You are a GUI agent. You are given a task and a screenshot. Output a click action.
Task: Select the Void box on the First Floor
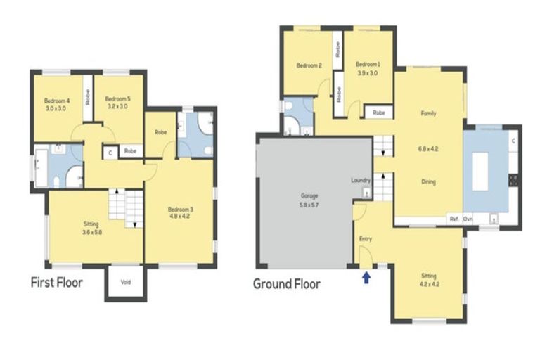(126, 283)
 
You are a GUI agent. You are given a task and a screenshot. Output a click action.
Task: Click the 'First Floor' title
(56, 283)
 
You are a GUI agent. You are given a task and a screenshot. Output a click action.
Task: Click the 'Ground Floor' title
(286, 284)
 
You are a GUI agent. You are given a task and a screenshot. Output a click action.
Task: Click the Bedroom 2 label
(309, 66)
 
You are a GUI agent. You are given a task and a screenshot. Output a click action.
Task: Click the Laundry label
(360, 181)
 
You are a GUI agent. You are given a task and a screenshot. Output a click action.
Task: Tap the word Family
(428, 113)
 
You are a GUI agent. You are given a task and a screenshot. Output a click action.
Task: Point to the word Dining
(428, 181)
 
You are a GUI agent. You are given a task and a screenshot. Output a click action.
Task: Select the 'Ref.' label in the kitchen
(454, 219)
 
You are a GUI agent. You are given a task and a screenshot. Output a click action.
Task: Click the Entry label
(365, 239)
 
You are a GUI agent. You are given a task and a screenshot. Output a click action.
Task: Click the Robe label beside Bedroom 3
(160, 132)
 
